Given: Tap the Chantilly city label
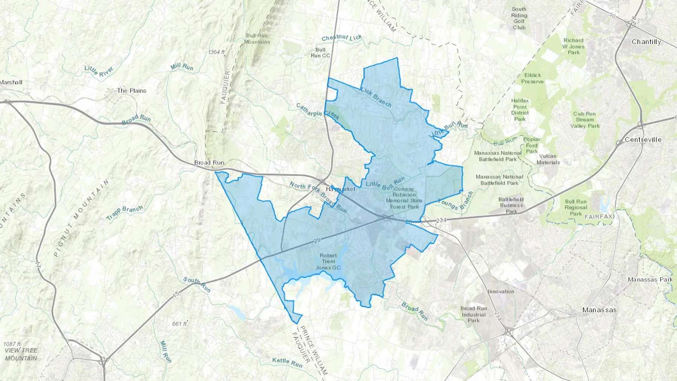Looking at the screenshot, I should pyautogui.click(x=646, y=42).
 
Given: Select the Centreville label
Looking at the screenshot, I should pyautogui.click(x=643, y=140).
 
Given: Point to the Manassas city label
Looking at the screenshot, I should pyautogui.click(x=599, y=310).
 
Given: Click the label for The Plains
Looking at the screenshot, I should pyautogui.click(x=132, y=91).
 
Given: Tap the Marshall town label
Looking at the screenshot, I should pyautogui.click(x=11, y=82).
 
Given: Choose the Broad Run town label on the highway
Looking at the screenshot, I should pyautogui.click(x=209, y=163).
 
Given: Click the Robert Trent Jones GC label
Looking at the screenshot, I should pyautogui.click(x=328, y=261).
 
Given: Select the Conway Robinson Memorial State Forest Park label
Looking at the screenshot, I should pyautogui.click(x=404, y=198).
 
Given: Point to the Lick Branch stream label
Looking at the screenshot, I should pyautogui.click(x=376, y=97).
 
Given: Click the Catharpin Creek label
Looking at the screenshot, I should pyautogui.click(x=318, y=112).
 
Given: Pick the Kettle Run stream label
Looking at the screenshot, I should pyautogui.click(x=287, y=362).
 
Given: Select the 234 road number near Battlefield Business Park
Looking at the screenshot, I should pyautogui.click(x=441, y=220).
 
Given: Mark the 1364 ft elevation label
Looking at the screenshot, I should pyautogui.click(x=216, y=52).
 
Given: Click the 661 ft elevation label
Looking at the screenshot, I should pyautogui.click(x=179, y=324).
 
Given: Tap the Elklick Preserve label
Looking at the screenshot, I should pyautogui.click(x=532, y=78).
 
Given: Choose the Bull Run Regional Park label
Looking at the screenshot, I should pyautogui.click(x=575, y=208).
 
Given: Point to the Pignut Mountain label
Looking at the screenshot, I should pyautogui.click(x=81, y=218).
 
